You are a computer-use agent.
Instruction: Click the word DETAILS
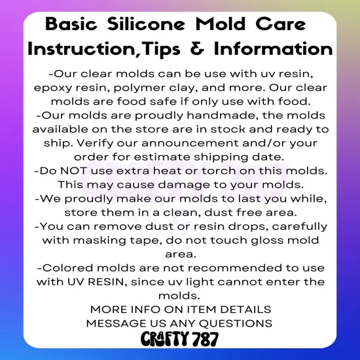243,308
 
